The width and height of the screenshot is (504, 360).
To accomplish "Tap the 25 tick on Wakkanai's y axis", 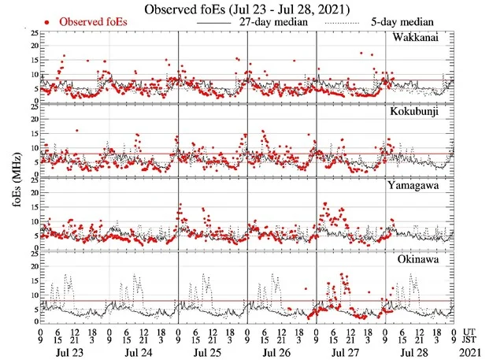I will tap(31, 34).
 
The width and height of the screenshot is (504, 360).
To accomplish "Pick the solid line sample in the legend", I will tap(215, 24).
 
